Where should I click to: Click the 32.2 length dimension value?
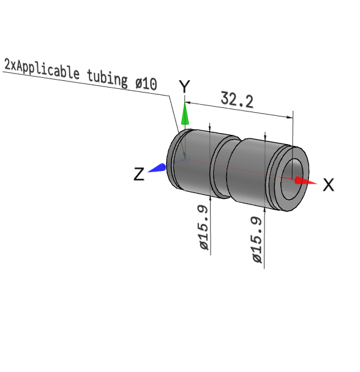237,99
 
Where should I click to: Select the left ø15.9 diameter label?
204,227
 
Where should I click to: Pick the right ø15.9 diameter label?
257,240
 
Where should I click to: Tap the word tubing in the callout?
107,78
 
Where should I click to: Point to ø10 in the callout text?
146,83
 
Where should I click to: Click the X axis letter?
329,185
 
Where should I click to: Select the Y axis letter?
184,86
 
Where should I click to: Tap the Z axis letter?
139,174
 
